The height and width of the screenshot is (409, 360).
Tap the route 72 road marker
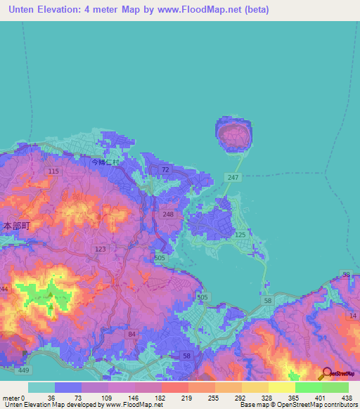point(165,170)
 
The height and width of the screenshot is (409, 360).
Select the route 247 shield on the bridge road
point(233,178)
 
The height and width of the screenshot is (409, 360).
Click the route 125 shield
point(240,234)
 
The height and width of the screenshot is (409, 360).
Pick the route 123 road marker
point(100,249)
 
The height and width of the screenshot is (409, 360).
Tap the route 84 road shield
point(131,335)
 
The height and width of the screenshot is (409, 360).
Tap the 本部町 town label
point(15,227)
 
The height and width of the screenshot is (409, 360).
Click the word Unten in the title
point(24,10)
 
